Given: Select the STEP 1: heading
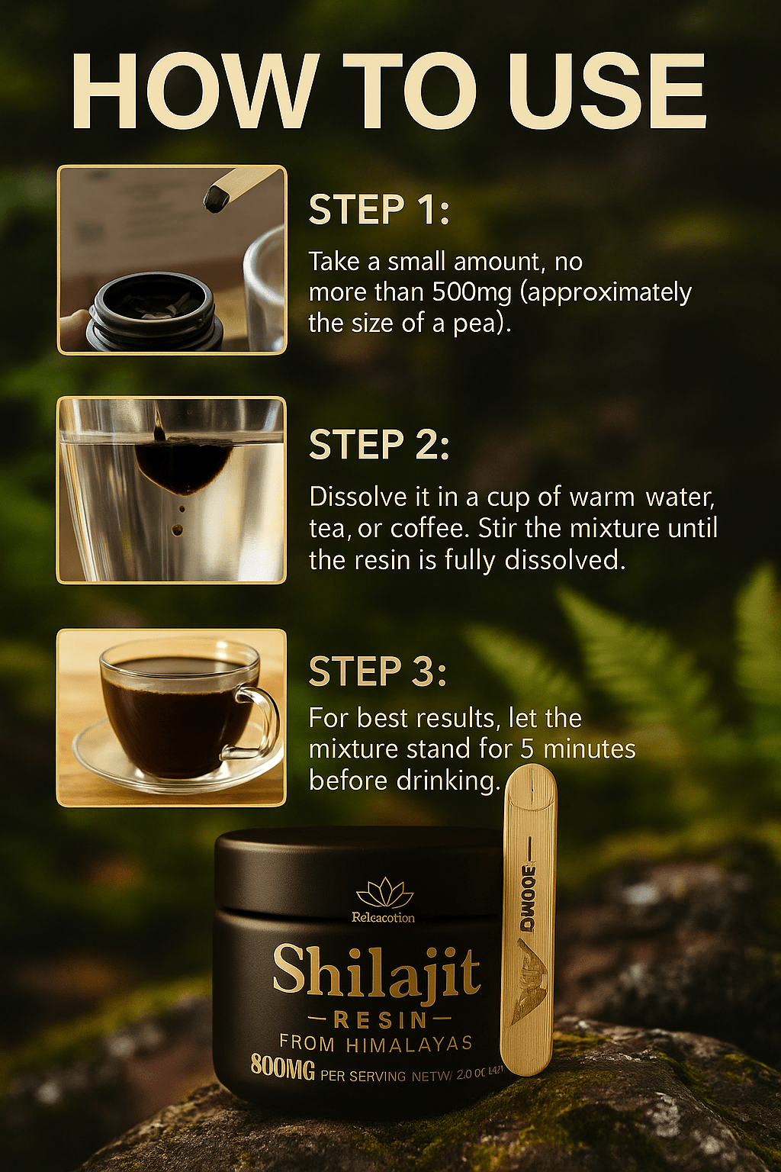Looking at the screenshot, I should [379, 211].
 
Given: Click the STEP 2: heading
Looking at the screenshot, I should [379, 446].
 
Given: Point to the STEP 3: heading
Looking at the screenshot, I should [378, 672].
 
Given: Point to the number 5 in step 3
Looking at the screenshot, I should [527, 749].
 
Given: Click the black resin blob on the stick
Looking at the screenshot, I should [216, 199].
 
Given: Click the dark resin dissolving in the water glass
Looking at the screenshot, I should [183, 465].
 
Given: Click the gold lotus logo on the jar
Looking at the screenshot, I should [384, 893].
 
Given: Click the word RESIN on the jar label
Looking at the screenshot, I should [380, 1019].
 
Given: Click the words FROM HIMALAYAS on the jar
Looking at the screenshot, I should [376, 1043].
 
